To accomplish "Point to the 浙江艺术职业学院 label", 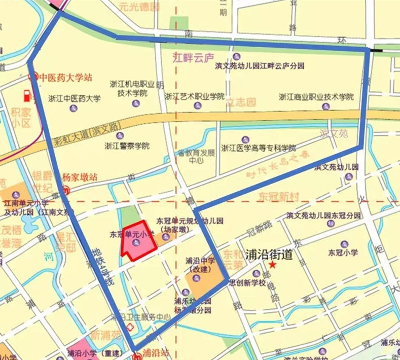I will pyautogui.click(x=194, y=96).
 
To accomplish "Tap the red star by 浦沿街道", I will pyautogui.click(x=273, y=265).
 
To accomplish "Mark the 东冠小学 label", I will pyautogui.click(x=343, y=252).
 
